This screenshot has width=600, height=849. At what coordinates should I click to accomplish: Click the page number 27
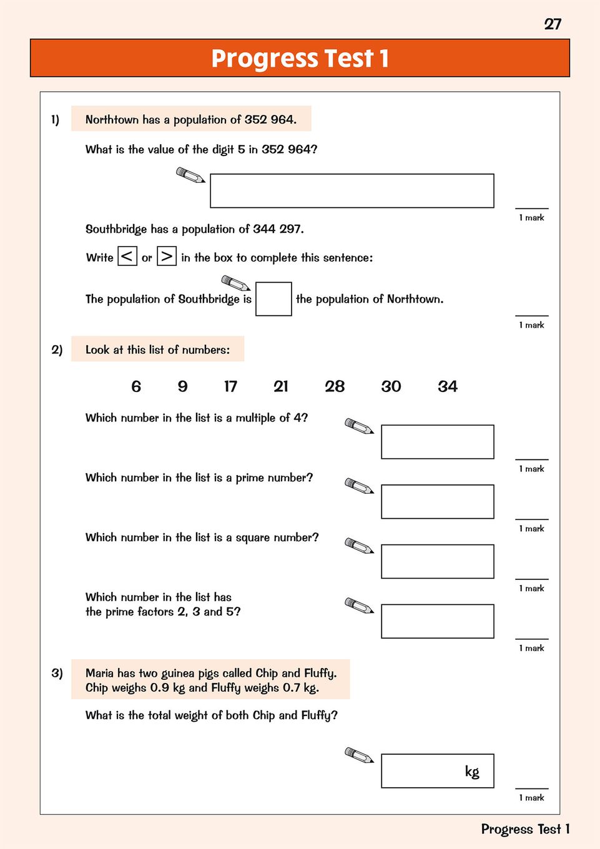(x=553, y=24)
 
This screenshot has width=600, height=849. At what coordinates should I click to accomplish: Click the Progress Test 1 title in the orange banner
(x=300, y=58)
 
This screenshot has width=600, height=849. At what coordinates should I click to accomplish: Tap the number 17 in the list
(x=230, y=386)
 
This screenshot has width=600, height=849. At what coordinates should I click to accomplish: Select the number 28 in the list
(x=335, y=386)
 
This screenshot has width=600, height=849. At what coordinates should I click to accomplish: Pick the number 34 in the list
(x=448, y=386)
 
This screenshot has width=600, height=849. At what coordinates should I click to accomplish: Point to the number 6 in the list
(x=136, y=386)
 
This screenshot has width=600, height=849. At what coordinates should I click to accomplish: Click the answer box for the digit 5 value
(x=352, y=190)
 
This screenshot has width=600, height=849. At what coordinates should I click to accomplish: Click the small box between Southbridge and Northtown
(x=273, y=299)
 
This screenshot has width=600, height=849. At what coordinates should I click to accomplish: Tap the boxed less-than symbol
(x=127, y=257)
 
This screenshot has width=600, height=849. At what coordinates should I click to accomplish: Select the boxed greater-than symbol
(x=167, y=257)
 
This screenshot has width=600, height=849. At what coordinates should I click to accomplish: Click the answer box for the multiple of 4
(x=437, y=442)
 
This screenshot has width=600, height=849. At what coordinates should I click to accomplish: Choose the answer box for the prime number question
(x=437, y=501)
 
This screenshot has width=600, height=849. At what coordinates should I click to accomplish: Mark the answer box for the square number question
(x=437, y=561)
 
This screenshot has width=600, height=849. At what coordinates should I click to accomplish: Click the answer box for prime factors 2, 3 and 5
(x=437, y=621)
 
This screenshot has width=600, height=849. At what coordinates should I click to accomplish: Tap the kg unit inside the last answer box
(x=472, y=772)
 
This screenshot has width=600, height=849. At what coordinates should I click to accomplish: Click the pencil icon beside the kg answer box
(x=359, y=755)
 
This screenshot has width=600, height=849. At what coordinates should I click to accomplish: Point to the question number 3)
(x=57, y=673)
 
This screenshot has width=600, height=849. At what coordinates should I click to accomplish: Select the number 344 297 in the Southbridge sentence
(x=278, y=229)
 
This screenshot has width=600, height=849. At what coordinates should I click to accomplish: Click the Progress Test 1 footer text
(x=525, y=829)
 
